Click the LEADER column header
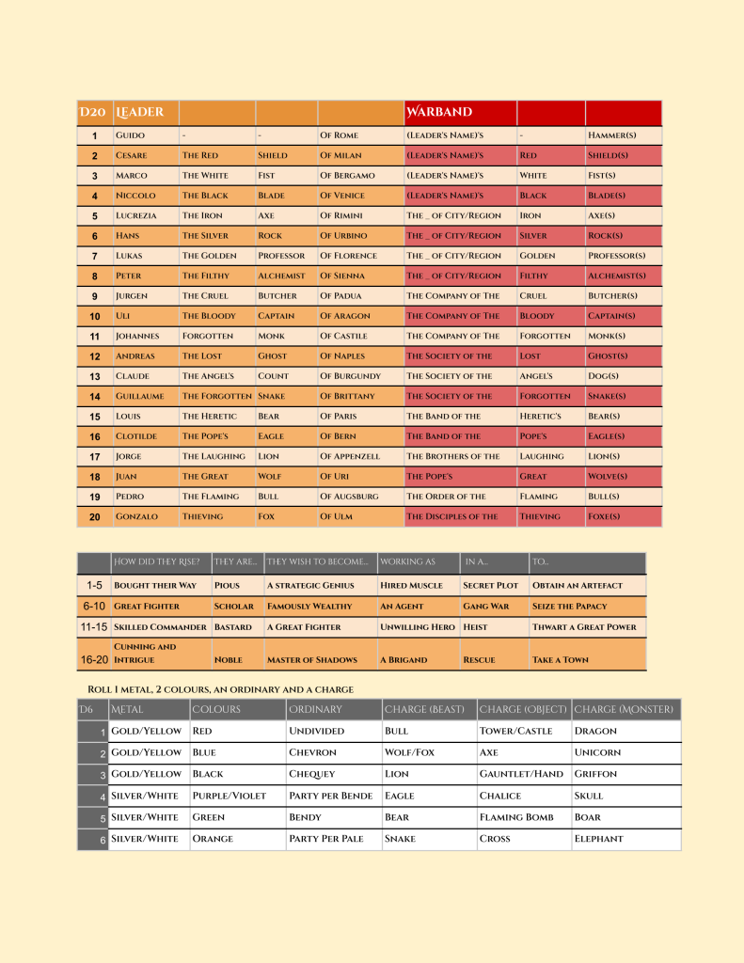click(x=139, y=113)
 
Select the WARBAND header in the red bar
click(x=438, y=113)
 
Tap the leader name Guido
click(x=131, y=135)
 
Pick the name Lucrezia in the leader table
click(x=137, y=215)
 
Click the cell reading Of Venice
click(x=343, y=196)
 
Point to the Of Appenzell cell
click(x=350, y=456)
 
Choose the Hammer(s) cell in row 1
click(x=608, y=135)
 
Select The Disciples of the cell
click(x=452, y=516)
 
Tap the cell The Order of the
click(x=447, y=497)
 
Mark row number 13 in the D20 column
click(x=95, y=376)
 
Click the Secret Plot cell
click(x=491, y=585)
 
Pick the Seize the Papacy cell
click(x=570, y=607)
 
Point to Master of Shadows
click(x=312, y=660)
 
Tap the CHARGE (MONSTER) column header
click(x=625, y=709)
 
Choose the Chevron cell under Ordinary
click(x=313, y=752)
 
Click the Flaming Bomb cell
click(x=515, y=817)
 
